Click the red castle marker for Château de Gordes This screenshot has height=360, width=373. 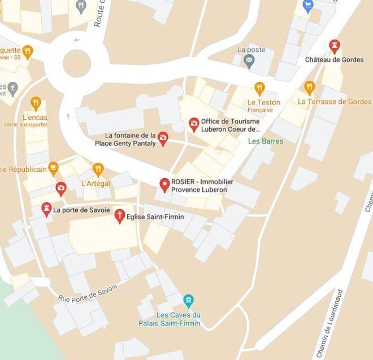click(335, 46)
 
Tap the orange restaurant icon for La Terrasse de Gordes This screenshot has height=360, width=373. click(309, 88)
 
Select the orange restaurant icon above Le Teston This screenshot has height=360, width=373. click(259, 88)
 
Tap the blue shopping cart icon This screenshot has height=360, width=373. click(308, 6)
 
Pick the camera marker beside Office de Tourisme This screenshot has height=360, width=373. click(194, 124)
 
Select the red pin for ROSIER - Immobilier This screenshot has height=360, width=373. click(164, 184)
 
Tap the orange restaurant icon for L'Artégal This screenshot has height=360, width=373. click(98, 169)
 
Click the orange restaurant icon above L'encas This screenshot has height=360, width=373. click(36, 103)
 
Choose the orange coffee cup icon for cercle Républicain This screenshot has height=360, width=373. click(53, 168)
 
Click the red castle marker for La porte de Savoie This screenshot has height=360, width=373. click(46, 209)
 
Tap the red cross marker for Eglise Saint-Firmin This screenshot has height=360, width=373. click(119, 215)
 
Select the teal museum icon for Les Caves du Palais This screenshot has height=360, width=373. click(189, 300)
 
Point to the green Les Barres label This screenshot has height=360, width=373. click(266, 141)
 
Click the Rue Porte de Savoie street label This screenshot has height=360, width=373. click(88, 292)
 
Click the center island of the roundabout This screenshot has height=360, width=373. click(76, 63)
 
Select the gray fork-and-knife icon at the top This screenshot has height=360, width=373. click(81, 7)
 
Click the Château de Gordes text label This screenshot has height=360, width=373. click(334, 60)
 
